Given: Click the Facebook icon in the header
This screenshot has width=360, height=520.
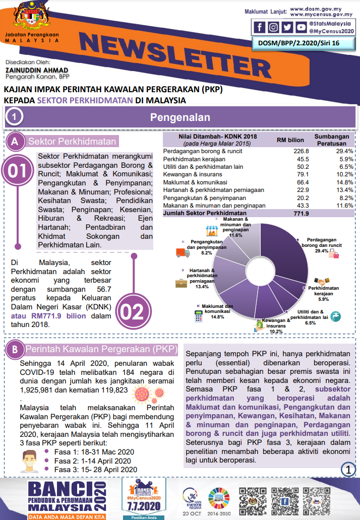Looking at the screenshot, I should [260, 27].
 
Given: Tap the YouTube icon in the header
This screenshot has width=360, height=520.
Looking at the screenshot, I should [301, 27].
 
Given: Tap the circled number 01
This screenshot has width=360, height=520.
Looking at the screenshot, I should [18, 171].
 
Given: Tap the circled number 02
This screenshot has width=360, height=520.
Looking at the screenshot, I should [133, 312].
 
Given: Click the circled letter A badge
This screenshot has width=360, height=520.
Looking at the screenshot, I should [15, 142].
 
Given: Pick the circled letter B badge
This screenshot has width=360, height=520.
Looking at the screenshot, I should [15, 349].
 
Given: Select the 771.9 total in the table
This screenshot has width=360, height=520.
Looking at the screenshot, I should [300, 213].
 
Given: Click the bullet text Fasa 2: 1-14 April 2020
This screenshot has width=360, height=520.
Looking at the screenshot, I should [92, 461].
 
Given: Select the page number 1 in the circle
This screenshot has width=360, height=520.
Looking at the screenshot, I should [348, 469].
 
